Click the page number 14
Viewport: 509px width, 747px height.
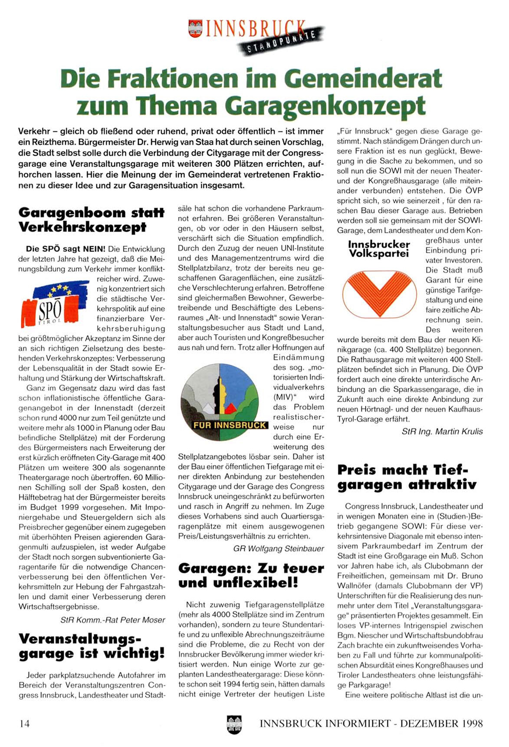25,723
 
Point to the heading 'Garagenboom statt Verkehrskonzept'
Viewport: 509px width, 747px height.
91,220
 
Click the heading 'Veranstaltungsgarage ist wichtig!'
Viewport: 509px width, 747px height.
91,646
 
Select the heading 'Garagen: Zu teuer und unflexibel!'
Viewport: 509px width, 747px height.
251,575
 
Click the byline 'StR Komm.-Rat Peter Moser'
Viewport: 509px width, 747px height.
113,620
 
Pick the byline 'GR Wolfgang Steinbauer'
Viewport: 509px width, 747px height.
279,549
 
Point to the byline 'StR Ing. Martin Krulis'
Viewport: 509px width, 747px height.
442,431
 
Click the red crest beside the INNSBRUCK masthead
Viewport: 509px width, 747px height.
196,29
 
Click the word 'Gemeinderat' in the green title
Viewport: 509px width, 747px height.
363,79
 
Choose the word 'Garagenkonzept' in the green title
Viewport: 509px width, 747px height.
327,105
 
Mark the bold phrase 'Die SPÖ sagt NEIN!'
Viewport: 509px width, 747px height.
66,249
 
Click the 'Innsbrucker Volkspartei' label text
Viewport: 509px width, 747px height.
379,248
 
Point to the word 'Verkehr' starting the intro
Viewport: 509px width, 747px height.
33,131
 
